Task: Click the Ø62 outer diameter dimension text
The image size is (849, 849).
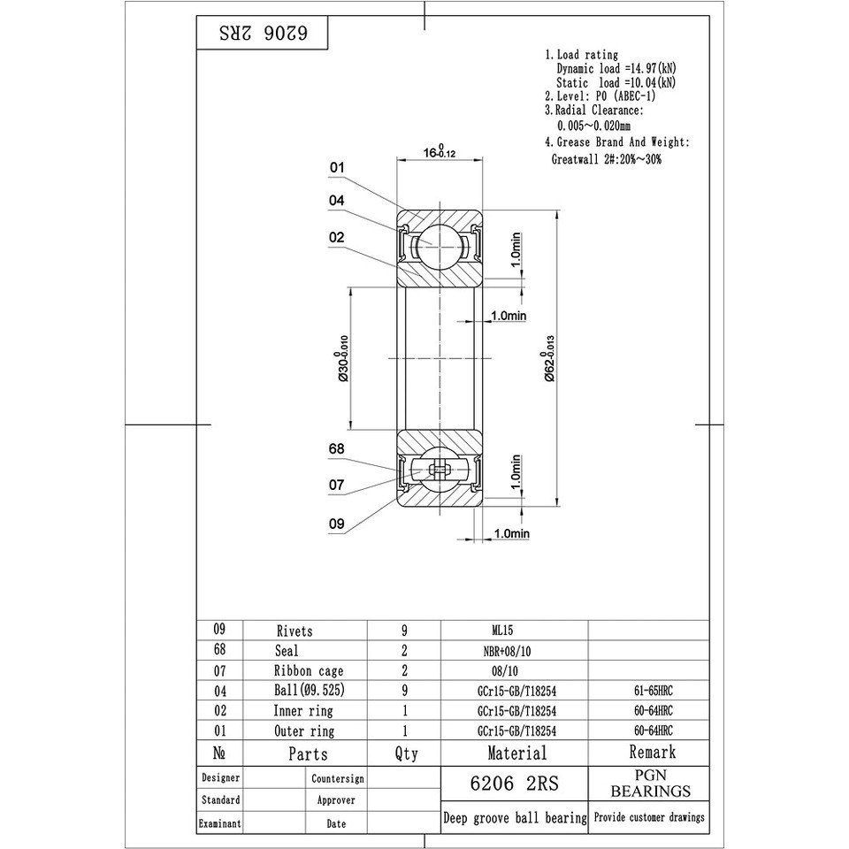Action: tap(549, 358)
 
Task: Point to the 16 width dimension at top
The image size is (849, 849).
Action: tap(440, 153)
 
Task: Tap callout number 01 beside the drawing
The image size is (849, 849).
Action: tap(337, 167)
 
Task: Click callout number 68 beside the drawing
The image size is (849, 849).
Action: tap(336, 449)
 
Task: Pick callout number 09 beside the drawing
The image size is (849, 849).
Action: tap(336, 524)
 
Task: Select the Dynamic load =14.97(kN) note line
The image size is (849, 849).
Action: tap(616, 68)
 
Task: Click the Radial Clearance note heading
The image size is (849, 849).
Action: tap(593, 111)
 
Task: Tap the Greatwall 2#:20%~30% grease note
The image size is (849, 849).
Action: tap(606, 160)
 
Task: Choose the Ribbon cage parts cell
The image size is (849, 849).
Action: tap(308, 671)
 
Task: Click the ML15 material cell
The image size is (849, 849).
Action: tap(501, 631)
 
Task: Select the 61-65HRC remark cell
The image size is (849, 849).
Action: tap(648, 691)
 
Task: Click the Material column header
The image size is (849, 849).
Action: tap(516, 753)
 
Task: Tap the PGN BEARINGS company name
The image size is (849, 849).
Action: tap(650, 783)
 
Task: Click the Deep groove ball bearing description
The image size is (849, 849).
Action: tap(514, 818)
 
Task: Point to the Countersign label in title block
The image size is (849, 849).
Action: tap(337, 779)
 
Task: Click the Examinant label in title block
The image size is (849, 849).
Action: tap(219, 823)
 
